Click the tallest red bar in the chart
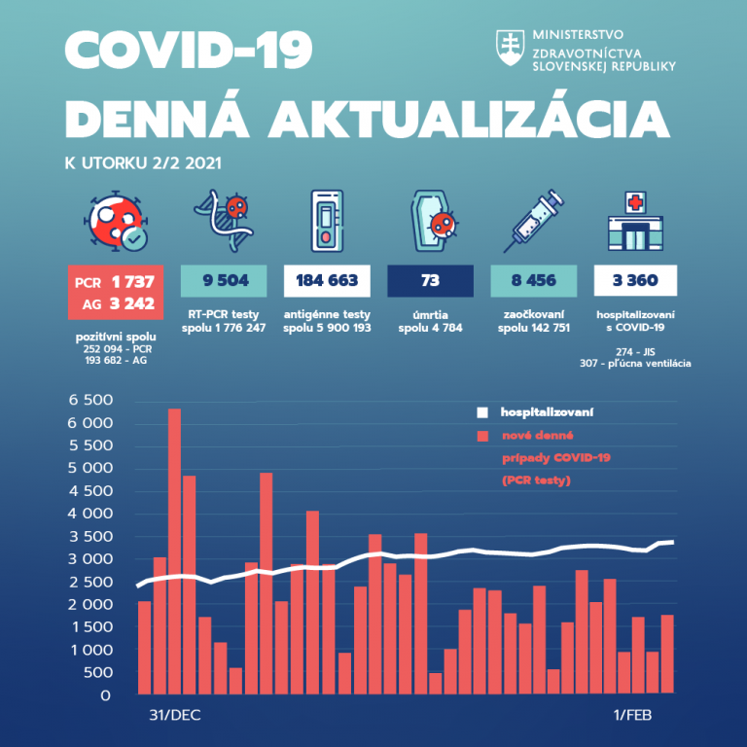click(x=174, y=550)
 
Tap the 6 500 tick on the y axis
click(x=89, y=401)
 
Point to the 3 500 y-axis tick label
click(x=89, y=537)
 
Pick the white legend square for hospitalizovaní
click(x=481, y=412)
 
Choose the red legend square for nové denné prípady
click(x=481, y=436)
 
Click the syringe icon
click(x=532, y=220)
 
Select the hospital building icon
click(x=635, y=220)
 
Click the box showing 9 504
click(x=223, y=282)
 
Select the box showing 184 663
click(x=327, y=282)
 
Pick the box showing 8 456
click(x=532, y=282)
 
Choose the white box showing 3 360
click(x=635, y=282)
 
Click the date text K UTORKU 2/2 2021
click(x=142, y=161)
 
